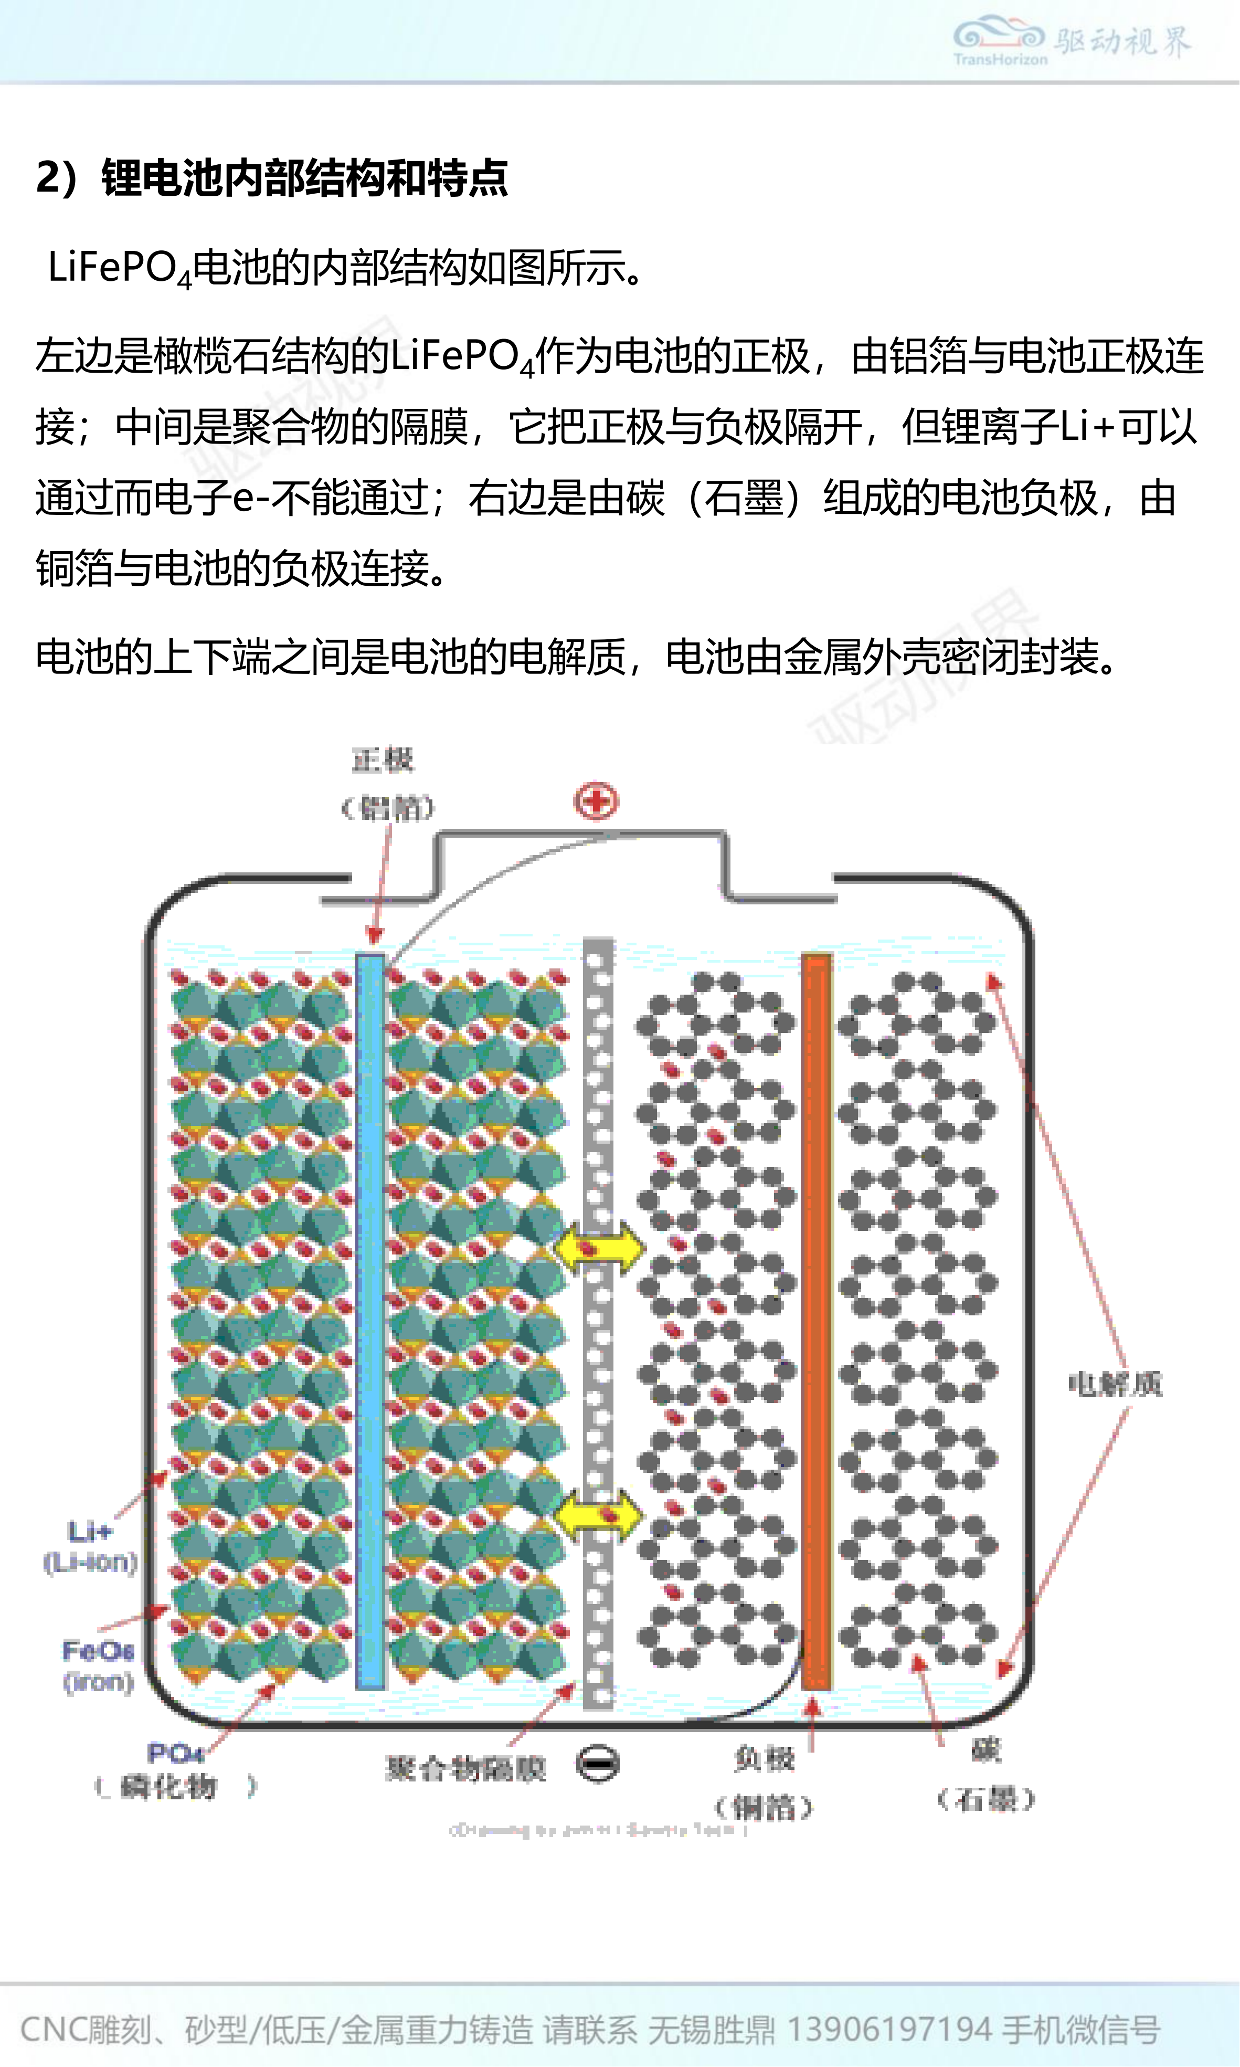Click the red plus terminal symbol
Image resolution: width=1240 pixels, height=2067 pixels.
[596, 802]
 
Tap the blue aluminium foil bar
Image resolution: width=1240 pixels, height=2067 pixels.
[370, 1321]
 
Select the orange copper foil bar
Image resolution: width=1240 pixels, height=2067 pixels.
[817, 1321]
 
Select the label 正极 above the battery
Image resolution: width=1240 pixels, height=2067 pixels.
[383, 760]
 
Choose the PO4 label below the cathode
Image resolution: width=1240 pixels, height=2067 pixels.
[175, 1752]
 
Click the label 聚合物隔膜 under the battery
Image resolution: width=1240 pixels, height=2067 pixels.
[465, 1768]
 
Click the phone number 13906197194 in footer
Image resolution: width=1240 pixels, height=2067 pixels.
[889, 2029]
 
